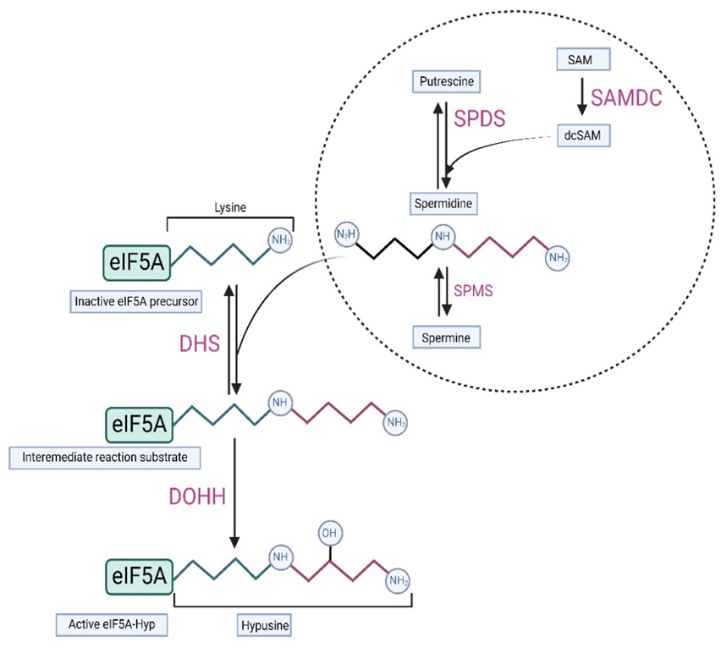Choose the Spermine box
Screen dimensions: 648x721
(444, 338)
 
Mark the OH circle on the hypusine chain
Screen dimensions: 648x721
(329, 534)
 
